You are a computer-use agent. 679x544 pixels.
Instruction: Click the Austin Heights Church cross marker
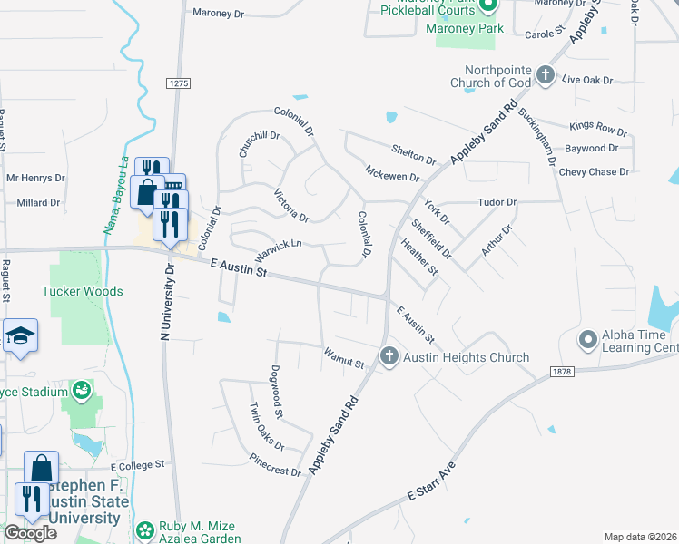coord(389,356)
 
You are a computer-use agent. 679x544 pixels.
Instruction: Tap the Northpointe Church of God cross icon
coord(545,75)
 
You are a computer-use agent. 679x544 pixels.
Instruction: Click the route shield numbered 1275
coord(179,83)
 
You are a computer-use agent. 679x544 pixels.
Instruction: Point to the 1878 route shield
coord(563,373)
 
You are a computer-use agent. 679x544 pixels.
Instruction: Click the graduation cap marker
coord(19,335)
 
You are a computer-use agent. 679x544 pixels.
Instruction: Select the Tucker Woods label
coord(82,292)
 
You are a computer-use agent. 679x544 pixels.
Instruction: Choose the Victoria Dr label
coord(291,206)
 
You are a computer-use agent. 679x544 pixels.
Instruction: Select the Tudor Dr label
coord(497,202)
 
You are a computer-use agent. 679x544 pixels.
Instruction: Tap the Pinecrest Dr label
coord(277,472)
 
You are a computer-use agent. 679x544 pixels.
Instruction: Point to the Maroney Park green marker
coord(488,7)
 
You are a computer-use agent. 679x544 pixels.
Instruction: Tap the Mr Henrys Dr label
coord(35,179)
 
